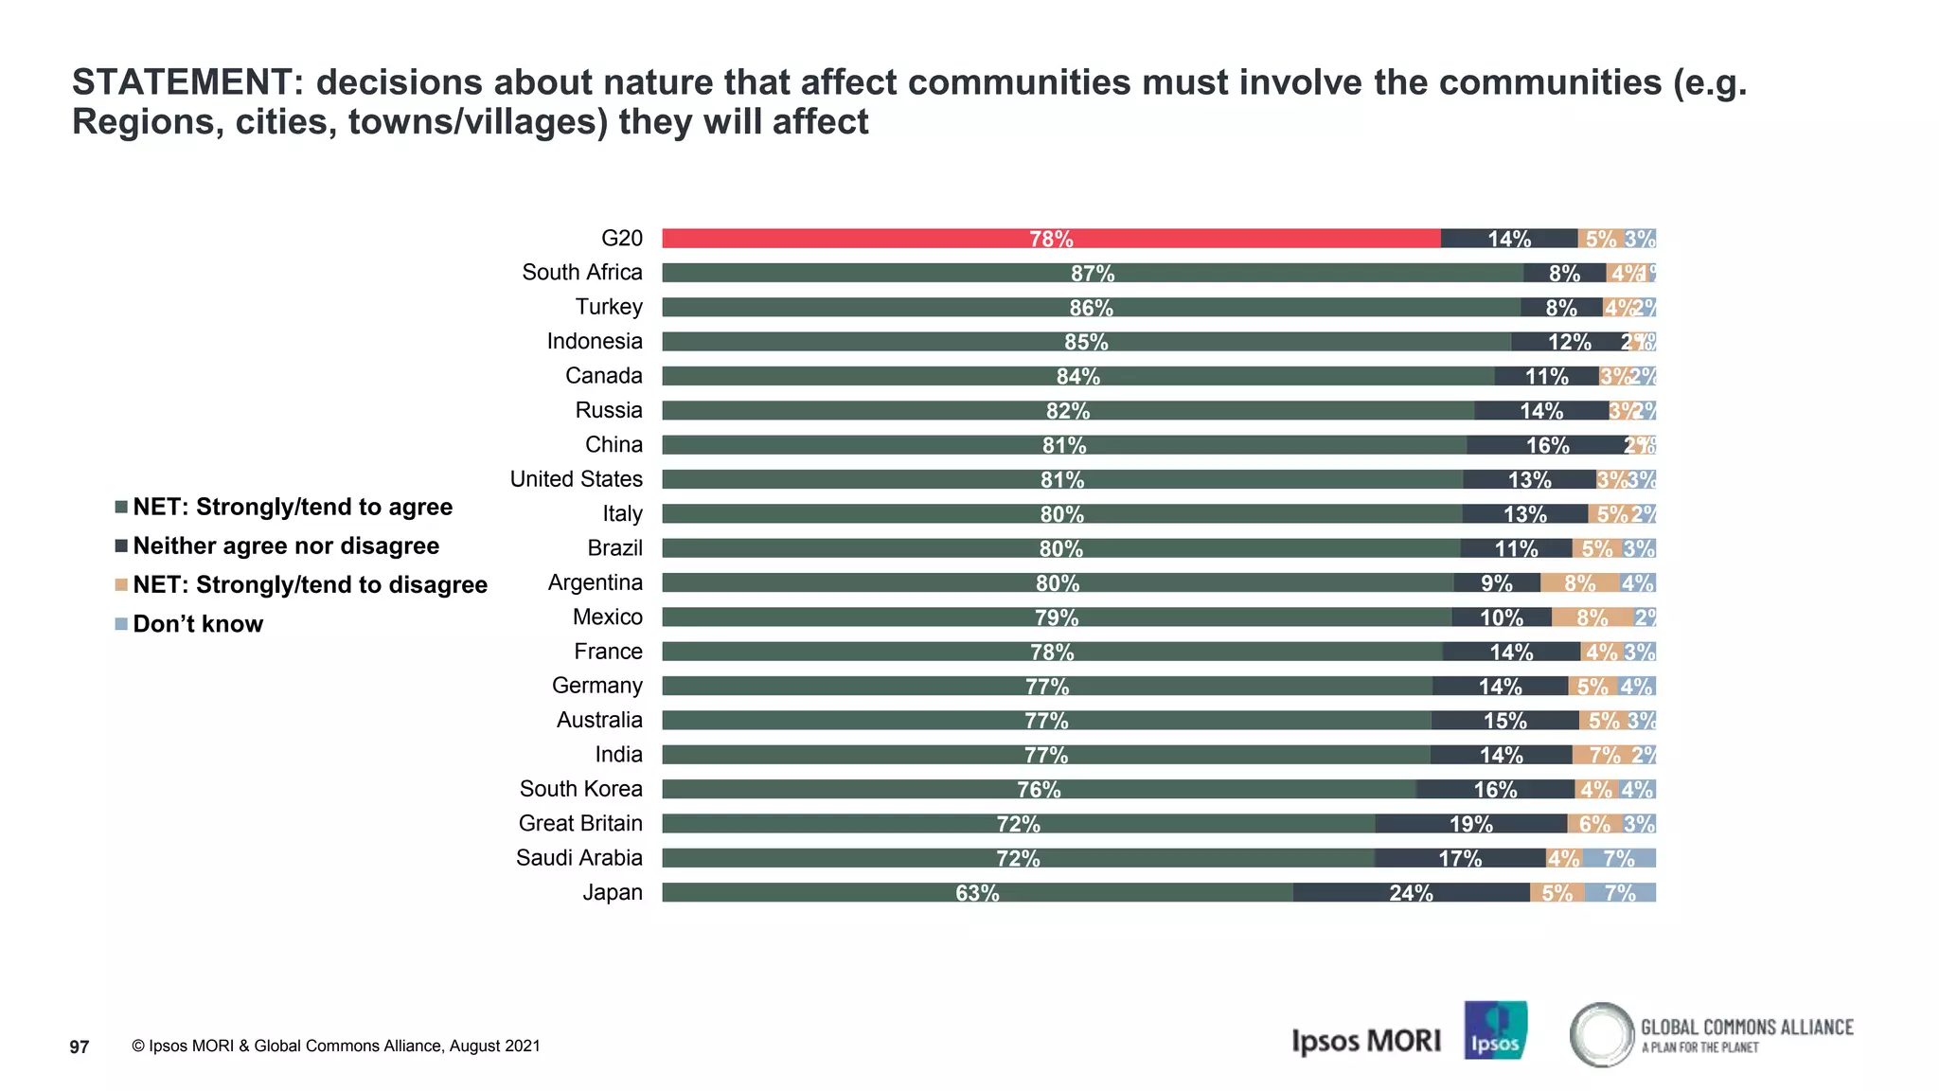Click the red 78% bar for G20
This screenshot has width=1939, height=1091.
click(x=1051, y=239)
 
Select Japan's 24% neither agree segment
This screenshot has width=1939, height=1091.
click(x=1411, y=892)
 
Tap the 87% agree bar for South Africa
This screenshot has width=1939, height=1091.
click(x=1093, y=273)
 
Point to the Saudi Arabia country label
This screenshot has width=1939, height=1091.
click(x=578, y=858)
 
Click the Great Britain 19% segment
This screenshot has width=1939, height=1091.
click(x=1470, y=824)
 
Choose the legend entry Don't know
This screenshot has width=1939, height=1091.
click(x=198, y=624)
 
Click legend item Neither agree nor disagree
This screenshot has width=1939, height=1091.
click(x=286, y=546)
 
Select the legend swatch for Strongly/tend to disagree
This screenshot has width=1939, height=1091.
click(x=121, y=585)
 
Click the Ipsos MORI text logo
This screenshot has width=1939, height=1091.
click(x=1365, y=1041)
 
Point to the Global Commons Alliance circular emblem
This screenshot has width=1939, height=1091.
click(x=1601, y=1034)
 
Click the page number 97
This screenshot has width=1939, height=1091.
click(x=80, y=1046)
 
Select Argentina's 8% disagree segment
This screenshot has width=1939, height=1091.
click(x=1579, y=582)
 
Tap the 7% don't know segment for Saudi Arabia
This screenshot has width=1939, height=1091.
click(x=1619, y=858)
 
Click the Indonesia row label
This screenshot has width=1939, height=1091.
click(x=594, y=341)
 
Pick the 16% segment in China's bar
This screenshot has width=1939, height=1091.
click(x=1547, y=445)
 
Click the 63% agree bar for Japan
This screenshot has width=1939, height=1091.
click(x=977, y=892)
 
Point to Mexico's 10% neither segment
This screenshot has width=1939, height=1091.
click(x=1502, y=617)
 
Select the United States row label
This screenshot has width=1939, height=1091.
click(x=576, y=479)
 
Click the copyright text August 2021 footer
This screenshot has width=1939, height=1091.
click(x=336, y=1046)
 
